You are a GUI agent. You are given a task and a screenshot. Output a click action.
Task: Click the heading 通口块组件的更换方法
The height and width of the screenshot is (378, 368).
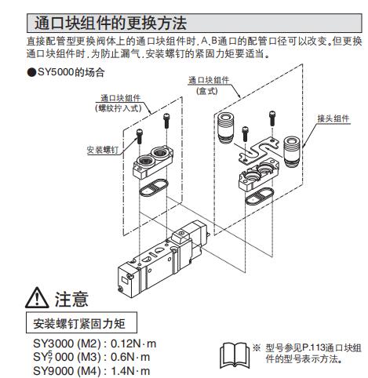click(111, 23)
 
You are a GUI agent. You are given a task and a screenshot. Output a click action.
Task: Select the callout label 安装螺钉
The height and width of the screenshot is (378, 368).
click(103, 150)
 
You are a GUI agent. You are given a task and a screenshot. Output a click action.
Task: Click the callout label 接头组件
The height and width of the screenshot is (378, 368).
click(333, 118)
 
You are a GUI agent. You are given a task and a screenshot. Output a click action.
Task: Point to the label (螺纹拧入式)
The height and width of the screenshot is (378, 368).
click(118, 108)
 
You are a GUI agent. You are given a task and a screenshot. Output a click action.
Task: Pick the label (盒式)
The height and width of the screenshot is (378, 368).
click(207, 91)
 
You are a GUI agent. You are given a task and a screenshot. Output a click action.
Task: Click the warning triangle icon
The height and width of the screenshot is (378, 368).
click(37, 297)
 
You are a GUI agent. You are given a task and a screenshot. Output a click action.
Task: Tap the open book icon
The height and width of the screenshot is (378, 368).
click(235, 355)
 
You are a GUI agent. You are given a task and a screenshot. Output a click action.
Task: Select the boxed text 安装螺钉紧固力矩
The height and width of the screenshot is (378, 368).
click(79, 324)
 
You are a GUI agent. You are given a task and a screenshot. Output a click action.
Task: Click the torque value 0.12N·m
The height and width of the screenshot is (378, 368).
click(133, 343)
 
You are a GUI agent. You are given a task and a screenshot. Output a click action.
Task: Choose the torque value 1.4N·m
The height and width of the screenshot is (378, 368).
click(130, 371)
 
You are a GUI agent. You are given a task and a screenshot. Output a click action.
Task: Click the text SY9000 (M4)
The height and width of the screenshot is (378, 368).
click(67, 371)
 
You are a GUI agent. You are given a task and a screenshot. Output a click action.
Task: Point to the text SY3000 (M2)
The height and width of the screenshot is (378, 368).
click(67, 343)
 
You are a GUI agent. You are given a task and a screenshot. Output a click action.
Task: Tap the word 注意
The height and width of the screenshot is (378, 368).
click(71, 299)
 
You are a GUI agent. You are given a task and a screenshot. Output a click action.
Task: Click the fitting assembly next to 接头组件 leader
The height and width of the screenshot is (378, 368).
click(291, 151)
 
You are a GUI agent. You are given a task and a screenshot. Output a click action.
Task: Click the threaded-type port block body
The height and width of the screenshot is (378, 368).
click(153, 162)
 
